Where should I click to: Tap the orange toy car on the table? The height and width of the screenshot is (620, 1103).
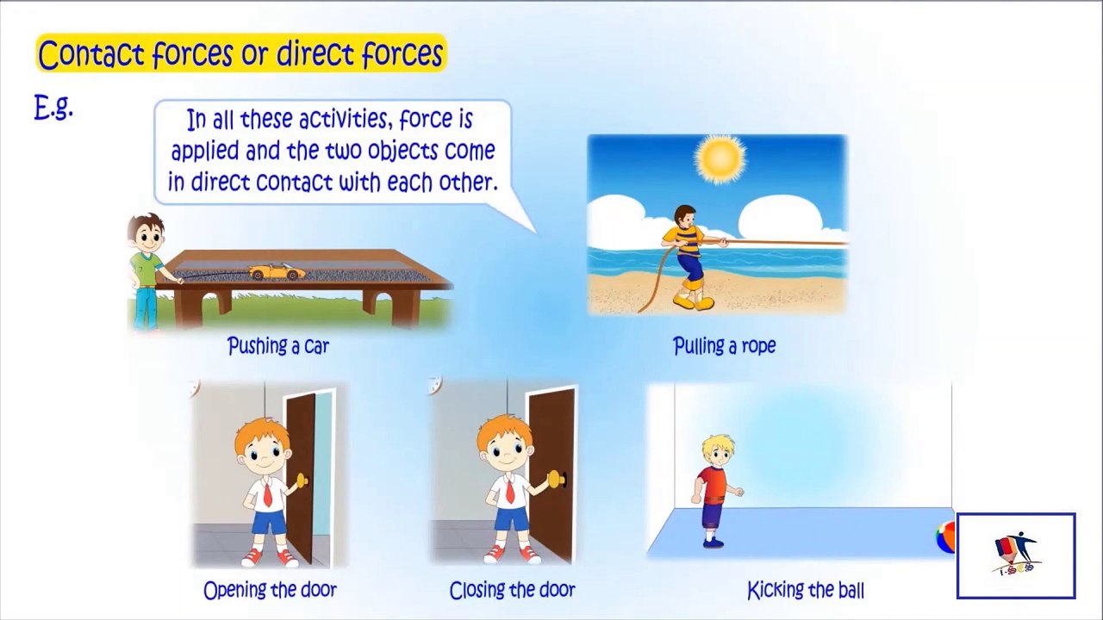click(x=277, y=272)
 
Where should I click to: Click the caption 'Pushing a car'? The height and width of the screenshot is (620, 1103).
click(x=278, y=346)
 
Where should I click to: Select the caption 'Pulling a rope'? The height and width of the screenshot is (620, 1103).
click(x=724, y=345)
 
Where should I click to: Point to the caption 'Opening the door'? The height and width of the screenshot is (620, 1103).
click(x=271, y=590)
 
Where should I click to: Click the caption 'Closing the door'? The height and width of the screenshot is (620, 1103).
click(x=512, y=590)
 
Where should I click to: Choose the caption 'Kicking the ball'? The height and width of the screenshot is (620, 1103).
click(x=806, y=590)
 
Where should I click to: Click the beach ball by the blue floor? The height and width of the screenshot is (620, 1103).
click(x=945, y=538)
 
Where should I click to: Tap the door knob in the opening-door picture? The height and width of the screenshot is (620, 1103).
click(x=302, y=480)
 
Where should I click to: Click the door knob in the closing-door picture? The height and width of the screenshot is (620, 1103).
click(x=558, y=478)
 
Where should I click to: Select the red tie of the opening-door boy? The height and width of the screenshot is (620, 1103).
click(x=266, y=494)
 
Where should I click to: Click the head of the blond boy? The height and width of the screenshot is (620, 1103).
click(x=718, y=452)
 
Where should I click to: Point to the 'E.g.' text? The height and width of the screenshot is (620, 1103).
click(x=53, y=108)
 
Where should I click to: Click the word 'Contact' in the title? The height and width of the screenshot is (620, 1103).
click(x=91, y=53)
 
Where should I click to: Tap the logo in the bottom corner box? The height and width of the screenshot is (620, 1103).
click(x=1016, y=555)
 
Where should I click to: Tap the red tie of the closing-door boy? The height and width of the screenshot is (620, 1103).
click(x=509, y=491)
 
